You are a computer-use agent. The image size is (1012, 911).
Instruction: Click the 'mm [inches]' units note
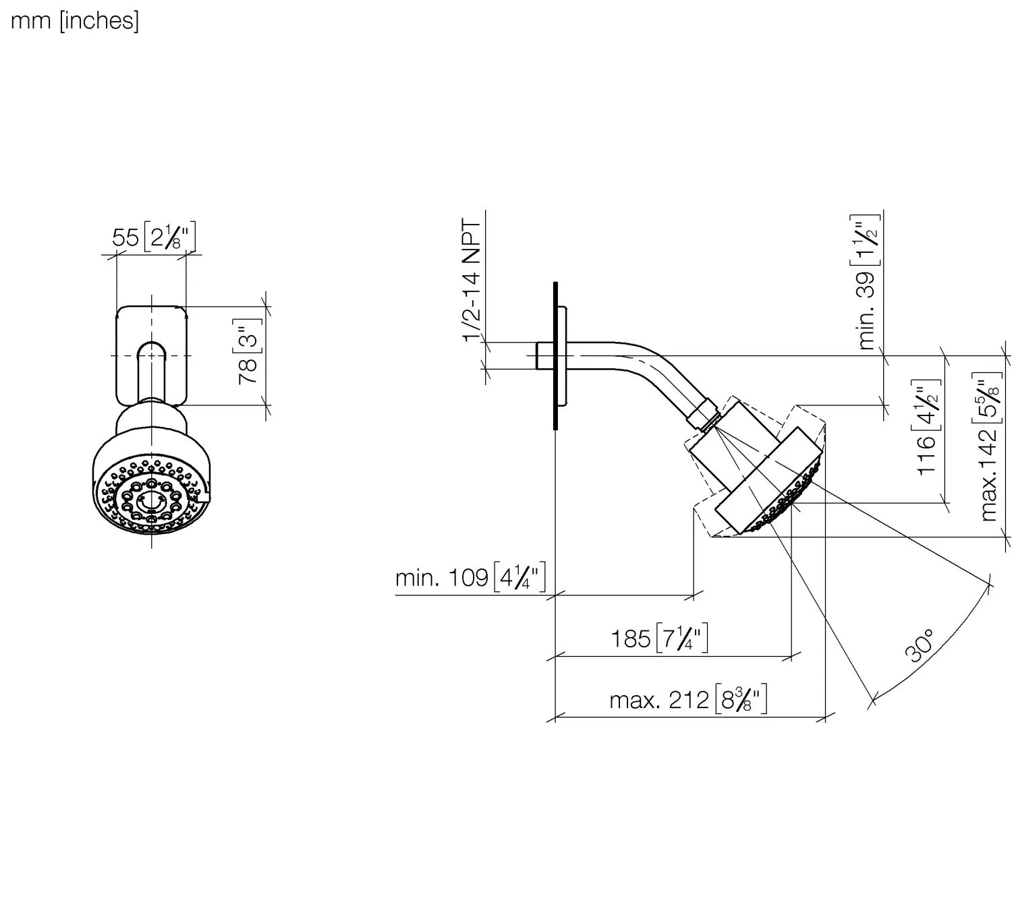tap(75, 22)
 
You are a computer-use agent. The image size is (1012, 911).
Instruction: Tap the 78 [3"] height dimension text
tap(248, 351)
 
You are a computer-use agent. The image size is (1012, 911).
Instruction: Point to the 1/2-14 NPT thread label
tap(472, 281)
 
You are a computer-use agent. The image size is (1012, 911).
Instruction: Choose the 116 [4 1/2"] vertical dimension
tap(927, 428)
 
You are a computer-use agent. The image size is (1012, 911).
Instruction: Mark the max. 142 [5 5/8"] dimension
tap(988, 447)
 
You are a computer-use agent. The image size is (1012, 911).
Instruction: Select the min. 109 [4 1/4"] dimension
tap(470, 578)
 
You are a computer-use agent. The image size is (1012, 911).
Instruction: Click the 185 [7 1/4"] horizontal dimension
tap(659, 638)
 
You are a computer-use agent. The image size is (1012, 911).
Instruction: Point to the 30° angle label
tap(920, 645)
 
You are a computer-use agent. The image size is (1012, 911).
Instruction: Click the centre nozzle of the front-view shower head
tap(151, 500)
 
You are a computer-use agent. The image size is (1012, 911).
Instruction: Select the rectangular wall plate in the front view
tap(151, 355)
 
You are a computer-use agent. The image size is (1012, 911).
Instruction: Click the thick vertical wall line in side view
tap(555, 355)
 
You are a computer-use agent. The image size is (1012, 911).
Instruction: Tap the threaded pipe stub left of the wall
tap(544, 355)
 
